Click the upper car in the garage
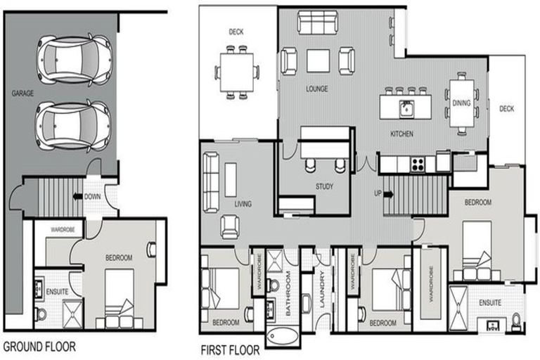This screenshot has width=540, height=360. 73,59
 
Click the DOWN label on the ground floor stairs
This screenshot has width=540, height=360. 93,197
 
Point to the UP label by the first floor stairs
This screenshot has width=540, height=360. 378,193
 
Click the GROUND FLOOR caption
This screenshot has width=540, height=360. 39,347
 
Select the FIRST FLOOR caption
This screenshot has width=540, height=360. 229,349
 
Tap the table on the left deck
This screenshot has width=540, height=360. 236,72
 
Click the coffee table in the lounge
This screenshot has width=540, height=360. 318,61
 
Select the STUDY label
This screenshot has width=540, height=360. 324,187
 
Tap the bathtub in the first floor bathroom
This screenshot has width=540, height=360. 282,337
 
